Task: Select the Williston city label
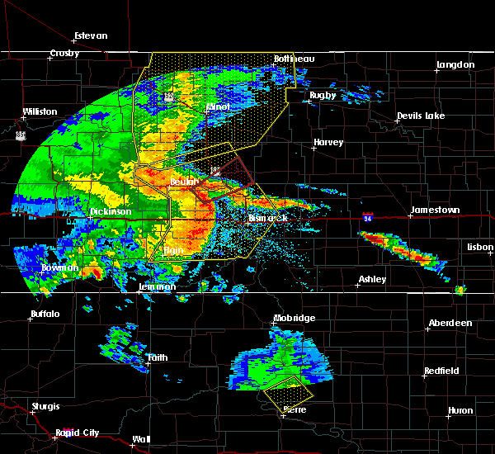[x=40, y=111]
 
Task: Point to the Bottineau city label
[x=288, y=59]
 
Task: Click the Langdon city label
[x=455, y=64]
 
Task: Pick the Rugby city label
[x=323, y=95]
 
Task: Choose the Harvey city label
[x=328, y=143]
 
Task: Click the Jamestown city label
[x=436, y=210]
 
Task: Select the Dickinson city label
[x=111, y=211]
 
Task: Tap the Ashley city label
[x=372, y=280]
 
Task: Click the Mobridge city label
[x=295, y=318]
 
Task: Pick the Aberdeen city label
[x=450, y=323]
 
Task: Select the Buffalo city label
[x=45, y=314]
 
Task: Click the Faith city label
[x=157, y=358]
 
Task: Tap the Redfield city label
[x=441, y=371]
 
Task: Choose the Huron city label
[x=460, y=410]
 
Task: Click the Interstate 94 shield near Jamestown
[x=367, y=217]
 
